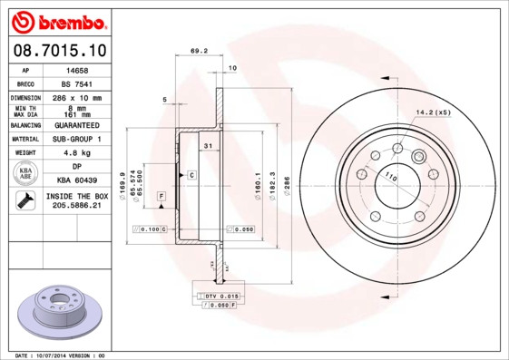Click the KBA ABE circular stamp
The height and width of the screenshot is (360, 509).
[26, 173]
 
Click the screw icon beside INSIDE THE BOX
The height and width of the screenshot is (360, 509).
[24, 200]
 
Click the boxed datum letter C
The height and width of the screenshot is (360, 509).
[191, 174]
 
